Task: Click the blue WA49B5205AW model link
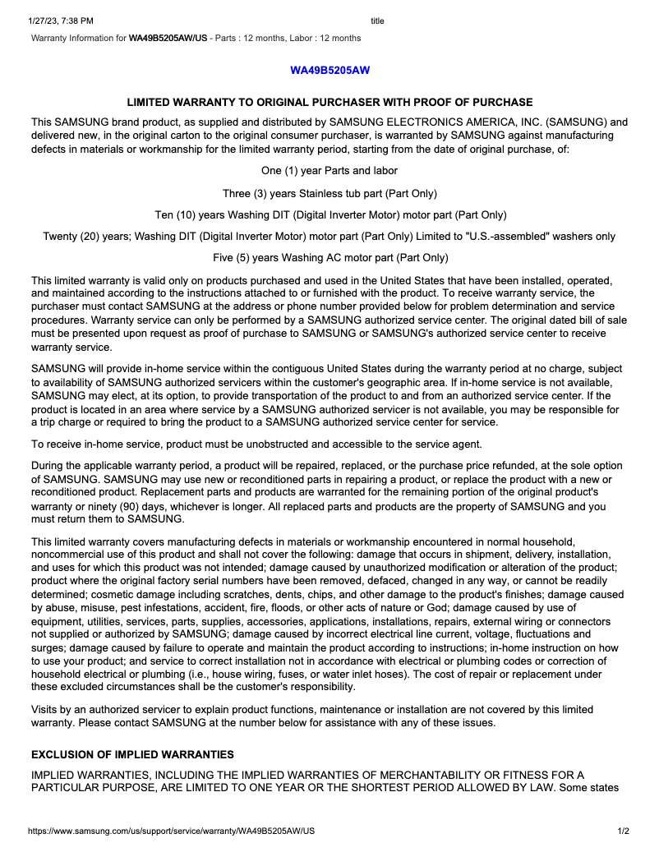tap(329, 70)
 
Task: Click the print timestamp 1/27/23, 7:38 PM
tap(61, 21)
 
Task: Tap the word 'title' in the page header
tap(377, 21)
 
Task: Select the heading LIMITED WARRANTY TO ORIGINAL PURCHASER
tap(329, 102)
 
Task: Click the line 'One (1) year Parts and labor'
tap(329, 171)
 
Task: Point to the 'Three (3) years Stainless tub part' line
tap(329, 194)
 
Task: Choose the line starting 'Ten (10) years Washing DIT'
tap(329, 215)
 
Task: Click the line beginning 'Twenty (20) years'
tap(329, 237)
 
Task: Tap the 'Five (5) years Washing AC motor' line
tap(329, 258)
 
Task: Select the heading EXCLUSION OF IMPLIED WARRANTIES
tap(132, 754)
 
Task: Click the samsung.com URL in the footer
tap(172, 831)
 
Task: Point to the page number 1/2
tap(623, 831)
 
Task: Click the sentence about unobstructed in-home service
tap(256, 444)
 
